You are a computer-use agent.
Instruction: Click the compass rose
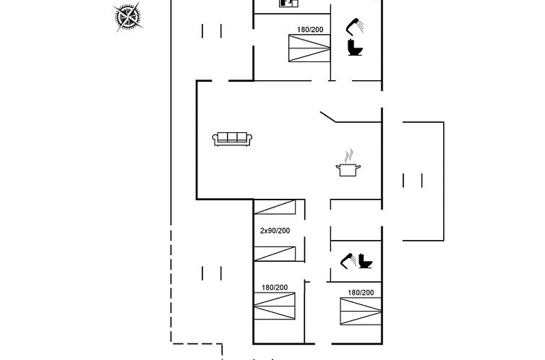[128, 17]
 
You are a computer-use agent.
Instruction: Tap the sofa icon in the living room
[232, 139]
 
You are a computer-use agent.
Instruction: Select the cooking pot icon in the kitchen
[348, 170]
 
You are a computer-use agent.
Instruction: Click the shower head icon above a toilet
[355, 27]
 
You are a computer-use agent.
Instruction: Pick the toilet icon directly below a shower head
[355, 47]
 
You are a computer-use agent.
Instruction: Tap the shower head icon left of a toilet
[348, 261]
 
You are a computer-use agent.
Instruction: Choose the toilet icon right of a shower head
[365, 261]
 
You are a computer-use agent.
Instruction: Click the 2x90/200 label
[275, 231]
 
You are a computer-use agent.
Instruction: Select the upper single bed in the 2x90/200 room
[275, 207]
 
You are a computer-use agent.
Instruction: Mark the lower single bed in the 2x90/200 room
[275, 254]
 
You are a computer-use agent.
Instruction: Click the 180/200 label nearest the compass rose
[310, 30]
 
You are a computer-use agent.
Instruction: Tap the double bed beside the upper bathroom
[309, 48]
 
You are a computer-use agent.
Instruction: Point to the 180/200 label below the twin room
[275, 288]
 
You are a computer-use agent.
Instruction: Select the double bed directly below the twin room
[275, 306]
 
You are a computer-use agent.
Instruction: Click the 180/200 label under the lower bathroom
[361, 293]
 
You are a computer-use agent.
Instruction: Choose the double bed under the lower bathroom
[361, 312]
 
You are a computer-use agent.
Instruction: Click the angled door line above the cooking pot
[328, 117]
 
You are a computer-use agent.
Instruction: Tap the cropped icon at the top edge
[289, 3]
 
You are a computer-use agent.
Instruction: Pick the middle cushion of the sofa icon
[232, 137]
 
